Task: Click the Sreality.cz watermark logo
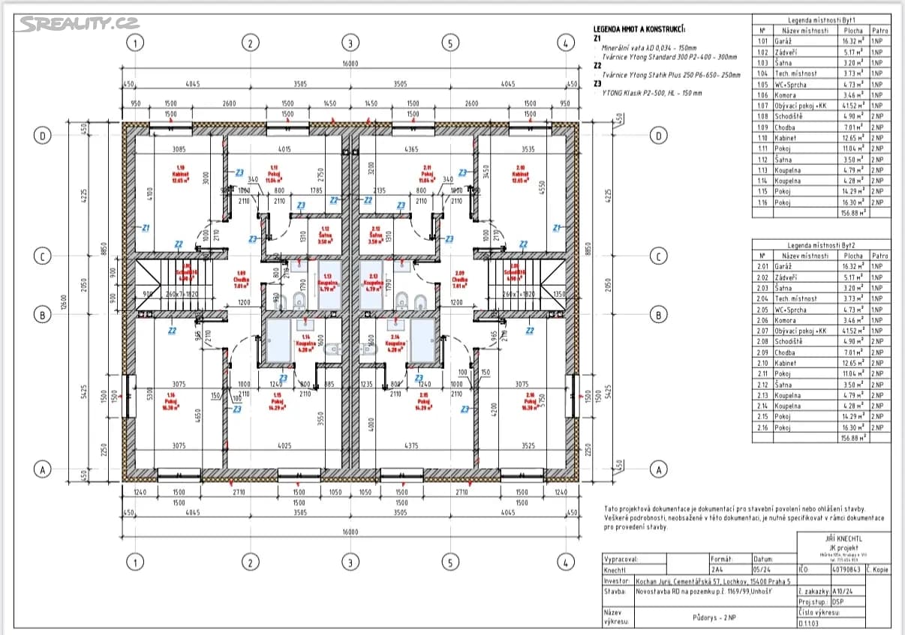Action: (x=68, y=23)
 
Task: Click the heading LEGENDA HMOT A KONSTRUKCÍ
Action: (x=639, y=29)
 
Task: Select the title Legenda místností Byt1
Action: (x=822, y=20)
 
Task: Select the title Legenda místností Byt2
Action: (x=822, y=245)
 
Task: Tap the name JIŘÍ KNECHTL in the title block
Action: (x=843, y=538)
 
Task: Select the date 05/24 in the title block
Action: (x=762, y=570)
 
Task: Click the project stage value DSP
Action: (x=837, y=601)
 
